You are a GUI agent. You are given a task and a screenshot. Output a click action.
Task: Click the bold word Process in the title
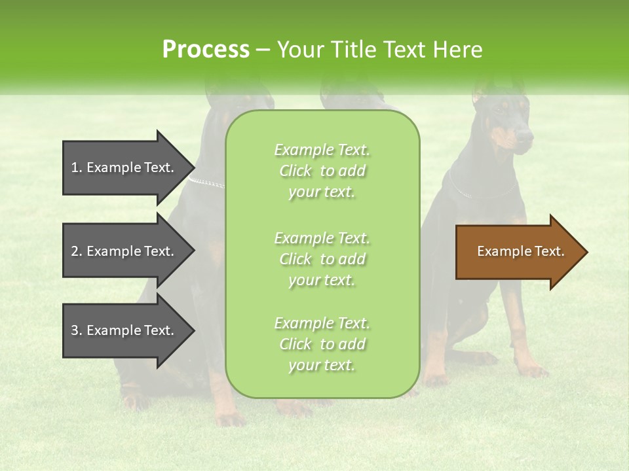pos(206,49)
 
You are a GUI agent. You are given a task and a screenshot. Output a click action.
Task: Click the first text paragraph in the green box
pos(322,171)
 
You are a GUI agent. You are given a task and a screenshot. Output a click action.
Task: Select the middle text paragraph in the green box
pos(322,258)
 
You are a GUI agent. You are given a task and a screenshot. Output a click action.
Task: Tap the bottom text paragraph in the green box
pos(322,344)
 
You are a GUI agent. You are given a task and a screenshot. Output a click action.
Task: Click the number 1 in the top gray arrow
pos(75,167)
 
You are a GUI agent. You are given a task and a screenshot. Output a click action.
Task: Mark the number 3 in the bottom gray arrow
pos(75,330)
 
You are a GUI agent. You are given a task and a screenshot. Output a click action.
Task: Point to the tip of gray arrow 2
pos(193,251)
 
